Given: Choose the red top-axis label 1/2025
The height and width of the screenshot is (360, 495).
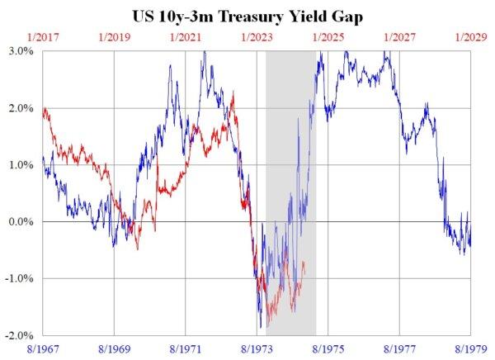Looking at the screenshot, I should [x=328, y=37].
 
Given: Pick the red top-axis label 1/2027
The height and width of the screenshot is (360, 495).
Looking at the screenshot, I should [x=399, y=37].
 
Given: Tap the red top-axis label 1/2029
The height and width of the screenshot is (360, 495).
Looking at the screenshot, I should [x=470, y=37].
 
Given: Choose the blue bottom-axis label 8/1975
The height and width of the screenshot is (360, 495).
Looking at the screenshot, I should [x=328, y=349].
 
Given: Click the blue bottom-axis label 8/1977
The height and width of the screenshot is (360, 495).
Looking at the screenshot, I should [x=399, y=349].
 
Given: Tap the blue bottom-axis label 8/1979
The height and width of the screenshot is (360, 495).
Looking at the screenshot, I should [x=470, y=349].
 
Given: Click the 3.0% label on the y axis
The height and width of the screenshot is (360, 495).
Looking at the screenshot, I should [x=21, y=51].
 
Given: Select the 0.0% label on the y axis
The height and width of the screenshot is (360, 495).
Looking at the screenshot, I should [x=21, y=222].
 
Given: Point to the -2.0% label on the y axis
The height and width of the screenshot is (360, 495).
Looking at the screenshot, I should [x=20, y=335].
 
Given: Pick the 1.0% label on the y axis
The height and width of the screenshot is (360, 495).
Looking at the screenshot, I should [x=21, y=165].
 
